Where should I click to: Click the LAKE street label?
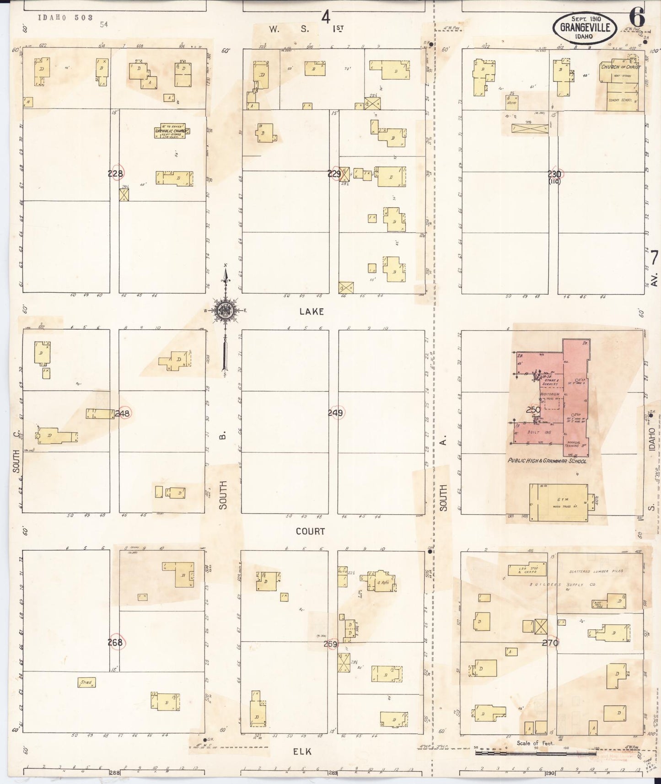pyautogui.click(x=312, y=311)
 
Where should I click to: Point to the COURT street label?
pyautogui.click(x=310, y=532)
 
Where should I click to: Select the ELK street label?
pyautogui.click(x=302, y=752)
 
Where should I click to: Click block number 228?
pyautogui.click(x=115, y=173)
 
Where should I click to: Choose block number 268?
pyautogui.click(x=115, y=642)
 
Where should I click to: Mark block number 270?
pyautogui.click(x=550, y=643)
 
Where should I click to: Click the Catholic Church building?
pyautogui.click(x=171, y=131)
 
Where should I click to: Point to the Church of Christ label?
pyautogui.click(x=621, y=67)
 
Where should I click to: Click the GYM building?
pyautogui.click(x=559, y=502)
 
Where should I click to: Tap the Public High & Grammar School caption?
pyautogui.click(x=547, y=461)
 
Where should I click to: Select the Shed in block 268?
pyautogui.click(x=86, y=682)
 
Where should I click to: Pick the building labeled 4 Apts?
pyautogui.click(x=383, y=582)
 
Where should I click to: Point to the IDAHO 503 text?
pyautogui.click(x=65, y=17)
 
